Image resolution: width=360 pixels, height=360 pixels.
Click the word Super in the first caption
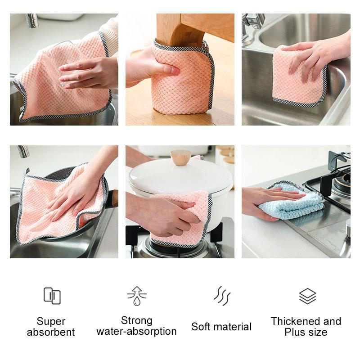pyautogui.click(x=51, y=321)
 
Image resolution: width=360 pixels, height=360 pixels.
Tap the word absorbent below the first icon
pyautogui.click(x=51, y=333)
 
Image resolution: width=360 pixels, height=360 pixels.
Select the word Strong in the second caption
pyautogui.click(x=136, y=320)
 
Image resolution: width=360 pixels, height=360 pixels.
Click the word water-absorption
pyautogui.click(x=136, y=332)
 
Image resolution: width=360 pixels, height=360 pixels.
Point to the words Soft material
pyautogui.click(x=221, y=327)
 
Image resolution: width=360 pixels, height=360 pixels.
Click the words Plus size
pyautogui.click(x=306, y=333)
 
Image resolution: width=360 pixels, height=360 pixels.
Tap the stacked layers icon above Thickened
pyautogui.click(x=307, y=296)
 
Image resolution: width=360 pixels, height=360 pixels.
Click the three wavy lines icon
pyautogui.click(x=221, y=296)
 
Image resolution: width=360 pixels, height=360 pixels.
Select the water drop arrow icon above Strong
pyautogui.click(x=136, y=296)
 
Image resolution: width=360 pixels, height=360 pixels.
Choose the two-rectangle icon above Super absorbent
pyautogui.click(x=52, y=296)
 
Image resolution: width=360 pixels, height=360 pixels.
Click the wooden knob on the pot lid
pyautogui.click(x=180, y=157)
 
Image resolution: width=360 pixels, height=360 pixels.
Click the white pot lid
pyautogui.click(x=180, y=173)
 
